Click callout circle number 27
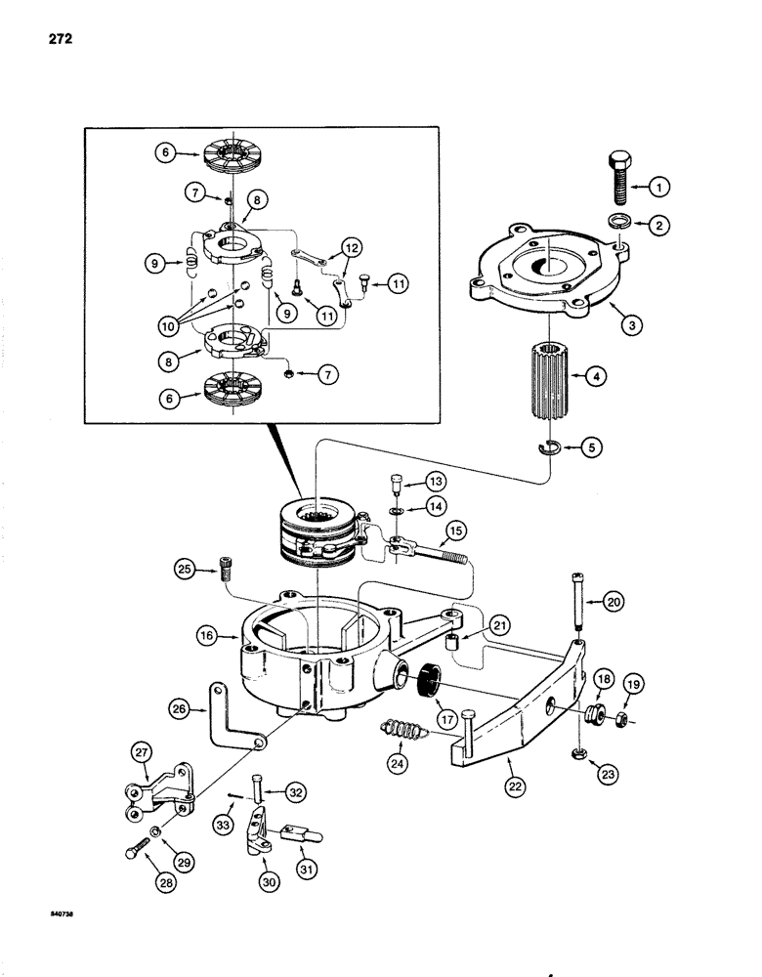(x=142, y=753)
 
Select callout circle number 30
(x=265, y=859)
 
